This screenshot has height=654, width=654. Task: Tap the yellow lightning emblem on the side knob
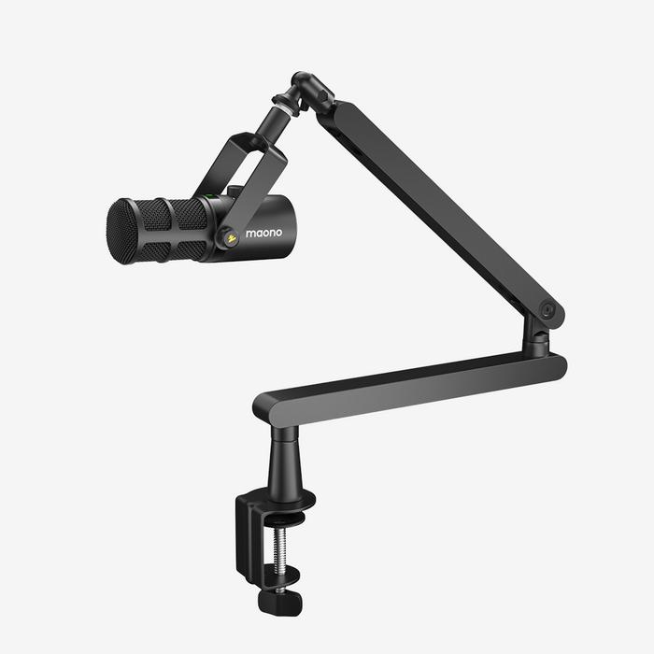pos(230,238)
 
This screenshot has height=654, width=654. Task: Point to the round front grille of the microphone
pos(121,231)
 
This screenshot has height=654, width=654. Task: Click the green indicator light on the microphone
pos(211,197)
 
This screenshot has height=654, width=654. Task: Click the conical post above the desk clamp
pos(283,466)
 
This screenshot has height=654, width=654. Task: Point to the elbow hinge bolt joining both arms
pos(547,312)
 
